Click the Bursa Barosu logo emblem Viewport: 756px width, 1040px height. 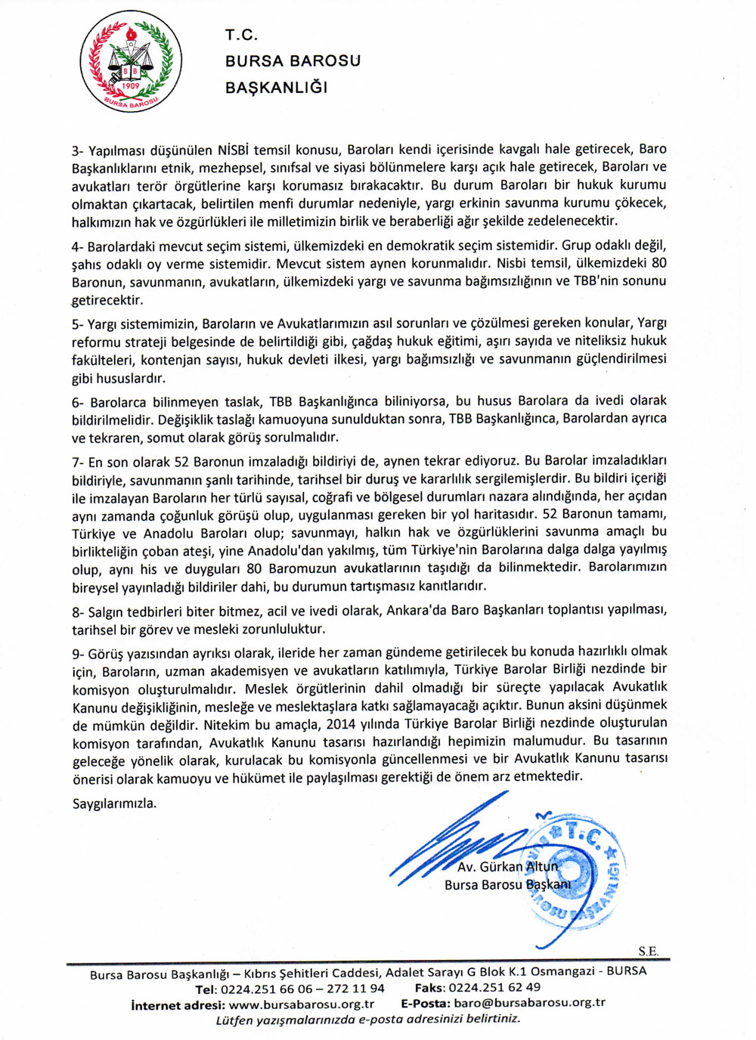(131, 62)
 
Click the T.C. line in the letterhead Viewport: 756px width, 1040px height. (242, 35)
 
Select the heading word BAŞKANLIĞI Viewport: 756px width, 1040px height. (277, 88)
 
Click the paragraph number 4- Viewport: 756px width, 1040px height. (78, 246)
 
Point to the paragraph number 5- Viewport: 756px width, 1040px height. (78, 323)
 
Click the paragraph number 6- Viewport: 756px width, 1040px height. (78, 401)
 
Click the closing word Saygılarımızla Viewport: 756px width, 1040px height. (115, 803)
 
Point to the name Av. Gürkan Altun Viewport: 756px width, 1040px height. (507, 867)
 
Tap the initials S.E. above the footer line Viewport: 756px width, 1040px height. (648, 952)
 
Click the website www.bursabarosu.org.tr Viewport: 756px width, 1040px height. (301, 1004)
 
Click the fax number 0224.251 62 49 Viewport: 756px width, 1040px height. (494, 987)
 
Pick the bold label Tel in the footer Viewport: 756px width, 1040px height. (206, 989)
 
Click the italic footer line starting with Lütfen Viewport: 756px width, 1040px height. (368, 1019)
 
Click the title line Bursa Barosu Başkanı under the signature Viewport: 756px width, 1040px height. (507, 885)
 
